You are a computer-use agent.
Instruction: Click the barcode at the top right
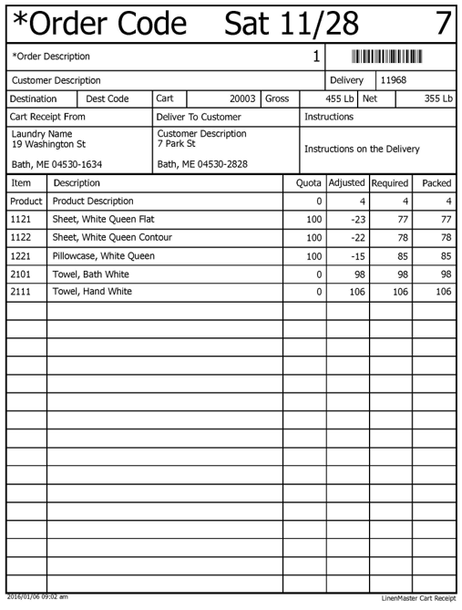(387, 57)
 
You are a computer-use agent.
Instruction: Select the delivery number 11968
(394, 80)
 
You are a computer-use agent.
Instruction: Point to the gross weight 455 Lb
(340, 98)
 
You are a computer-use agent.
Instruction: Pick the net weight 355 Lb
(437, 98)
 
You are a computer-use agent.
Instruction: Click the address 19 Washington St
(49, 144)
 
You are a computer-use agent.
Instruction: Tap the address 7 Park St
(176, 144)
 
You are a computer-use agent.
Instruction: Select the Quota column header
(309, 183)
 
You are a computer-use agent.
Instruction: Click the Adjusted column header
(347, 183)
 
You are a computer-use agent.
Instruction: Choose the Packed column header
(436, 183)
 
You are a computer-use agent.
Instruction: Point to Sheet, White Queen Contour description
(112, 238)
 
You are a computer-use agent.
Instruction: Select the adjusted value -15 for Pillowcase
(357, 256)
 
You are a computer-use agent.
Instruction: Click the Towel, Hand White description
(92, 292)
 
